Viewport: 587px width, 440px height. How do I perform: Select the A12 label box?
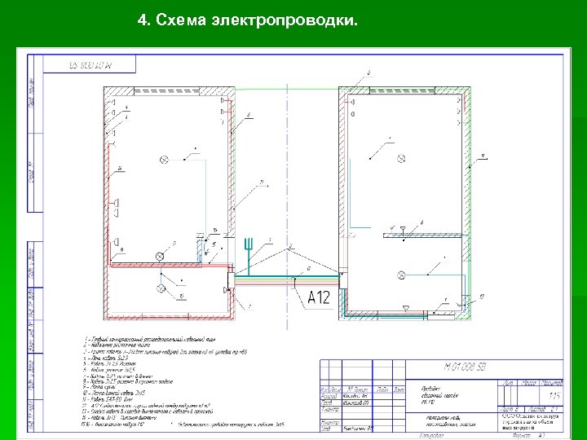[319, 297]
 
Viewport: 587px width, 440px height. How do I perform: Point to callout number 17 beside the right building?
[483, 295]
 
